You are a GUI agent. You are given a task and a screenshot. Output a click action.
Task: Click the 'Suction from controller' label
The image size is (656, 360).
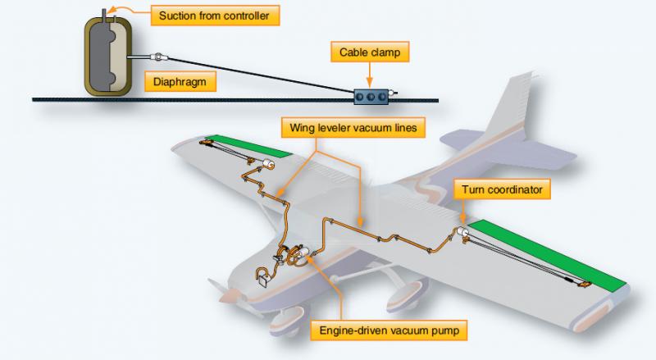click(x=215, y=16)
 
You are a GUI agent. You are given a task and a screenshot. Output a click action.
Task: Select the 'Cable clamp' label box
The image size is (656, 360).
click(x=370, y=52)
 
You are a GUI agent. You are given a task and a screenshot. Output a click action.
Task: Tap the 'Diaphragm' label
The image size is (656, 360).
click(x=180, y=81)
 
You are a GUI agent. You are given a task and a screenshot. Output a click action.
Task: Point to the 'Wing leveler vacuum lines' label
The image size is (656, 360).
click(x=353, y=127)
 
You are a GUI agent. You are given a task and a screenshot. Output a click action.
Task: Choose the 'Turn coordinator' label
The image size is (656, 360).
click(x=502, y=189)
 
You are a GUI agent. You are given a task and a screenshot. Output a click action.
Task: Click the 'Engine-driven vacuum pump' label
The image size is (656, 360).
click(x=389, y=330)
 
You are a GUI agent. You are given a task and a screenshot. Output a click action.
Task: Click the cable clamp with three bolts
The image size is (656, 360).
click(x=371, y=97)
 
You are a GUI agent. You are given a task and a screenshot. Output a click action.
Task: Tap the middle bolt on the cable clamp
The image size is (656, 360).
click(x=371, y=97)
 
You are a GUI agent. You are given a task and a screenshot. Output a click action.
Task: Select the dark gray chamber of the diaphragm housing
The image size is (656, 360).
click(x=98, y=54)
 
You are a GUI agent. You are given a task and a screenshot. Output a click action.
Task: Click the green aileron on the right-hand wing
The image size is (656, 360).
click(x=547, y=253)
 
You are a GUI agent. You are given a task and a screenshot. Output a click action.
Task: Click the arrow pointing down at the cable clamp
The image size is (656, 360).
click(x=370, y=75)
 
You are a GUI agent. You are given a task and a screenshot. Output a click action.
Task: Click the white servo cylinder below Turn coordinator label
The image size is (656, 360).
click(x=462, y=232)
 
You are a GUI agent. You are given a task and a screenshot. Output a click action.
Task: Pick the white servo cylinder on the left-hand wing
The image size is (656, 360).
click(x=267, y=164)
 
